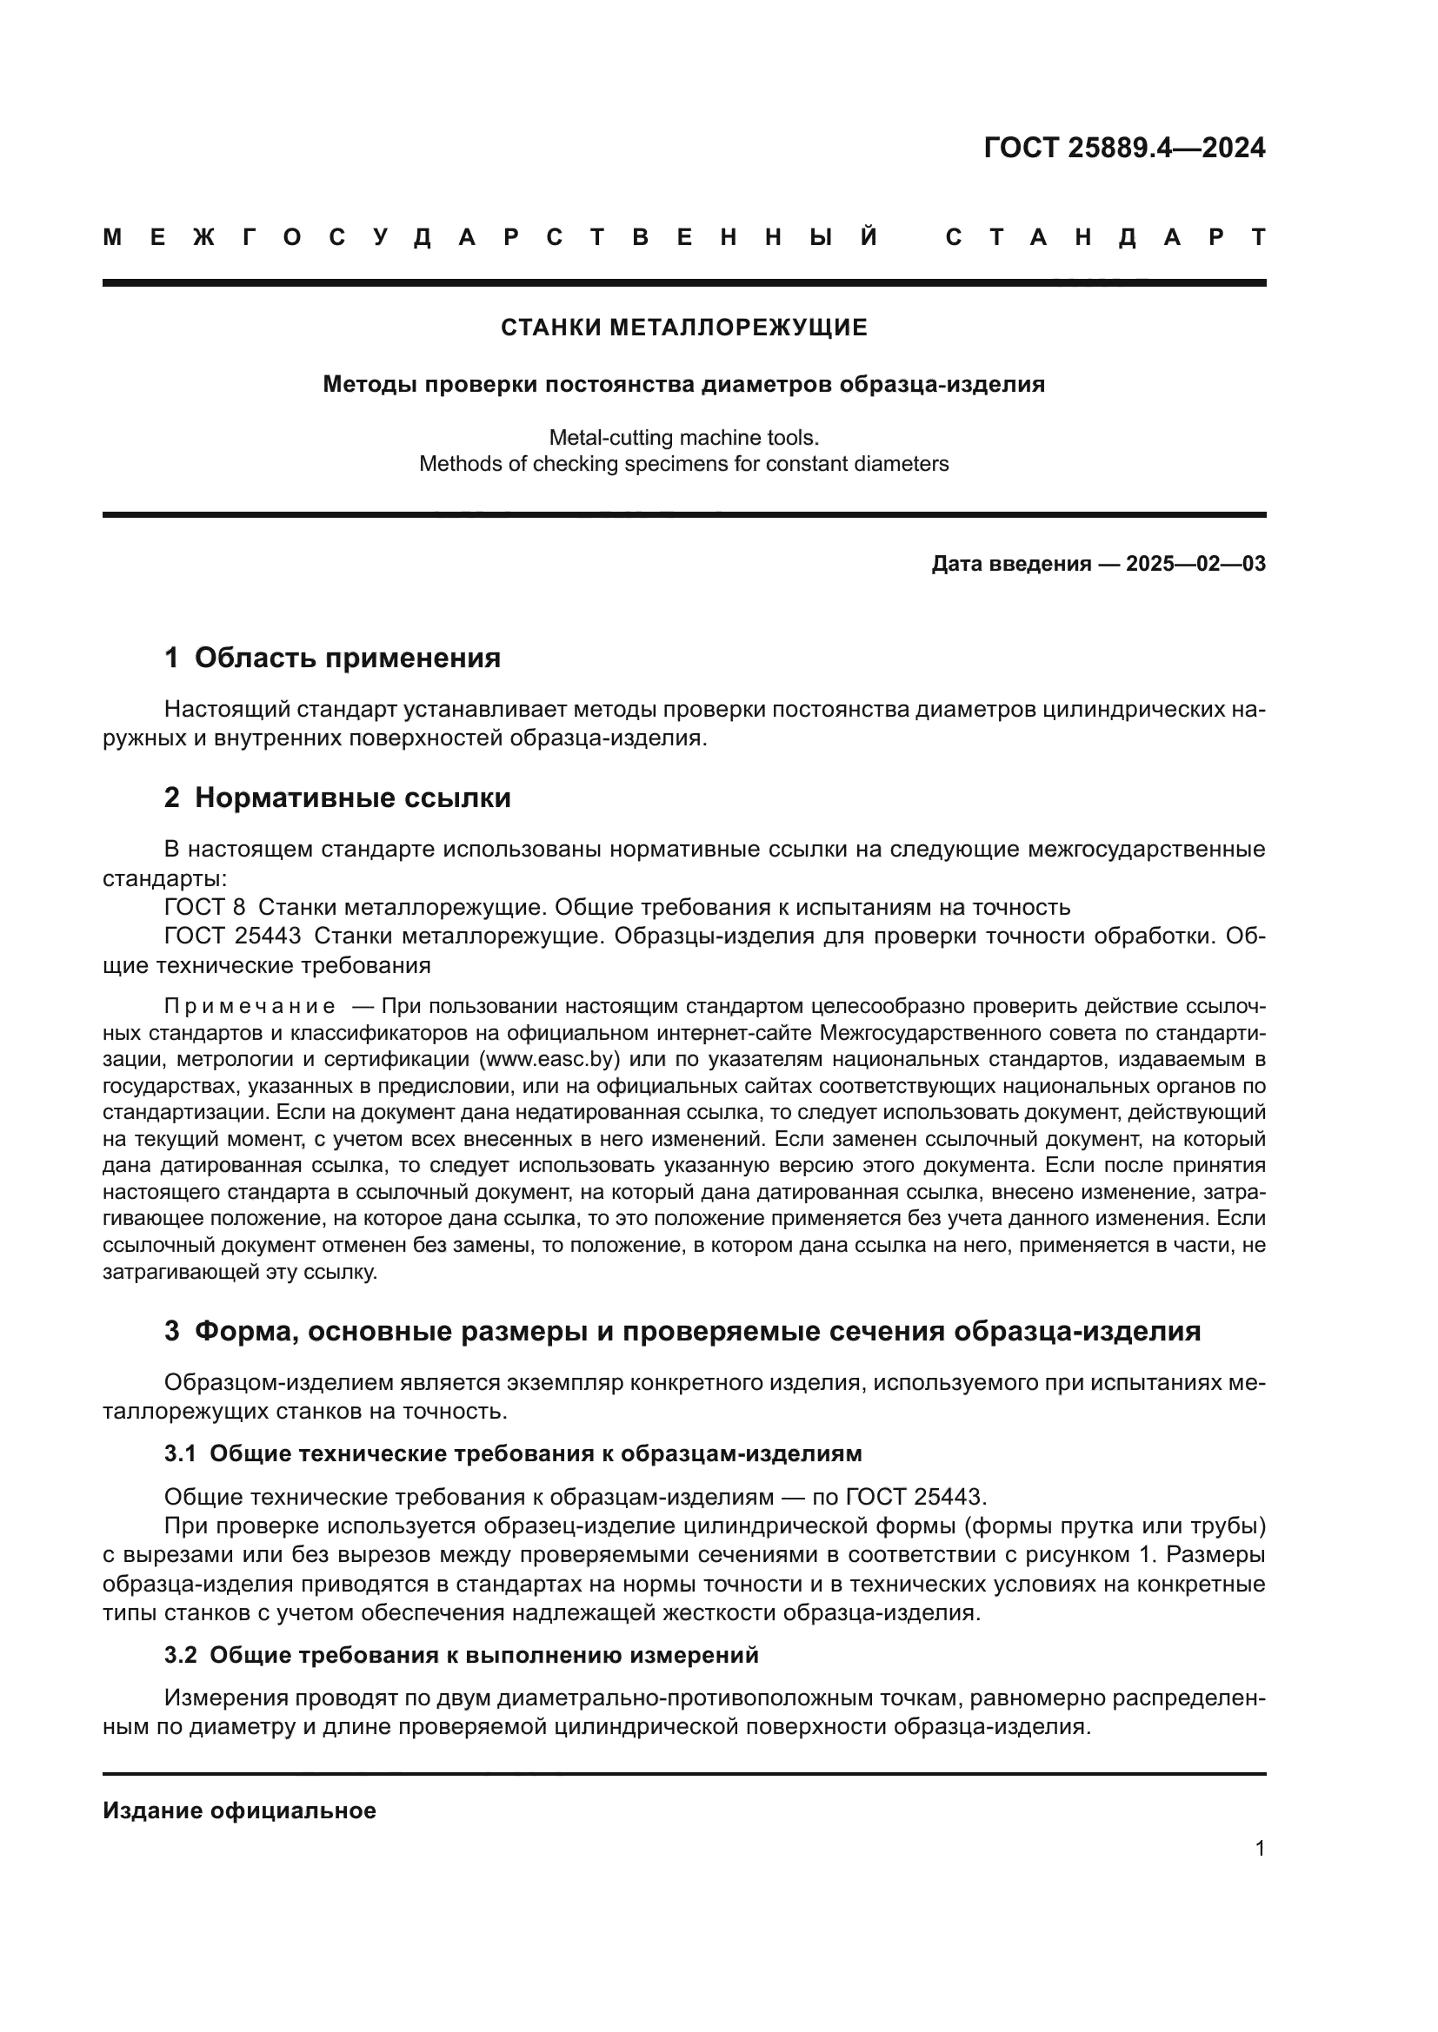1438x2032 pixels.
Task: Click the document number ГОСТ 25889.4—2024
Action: [1123, 148]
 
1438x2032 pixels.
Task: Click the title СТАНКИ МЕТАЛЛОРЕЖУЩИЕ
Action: [683, 328]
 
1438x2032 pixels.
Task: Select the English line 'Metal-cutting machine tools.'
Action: [683, 437]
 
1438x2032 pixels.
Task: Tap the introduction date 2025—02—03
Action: [1195, 564]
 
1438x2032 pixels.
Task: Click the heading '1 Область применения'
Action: [332, 658]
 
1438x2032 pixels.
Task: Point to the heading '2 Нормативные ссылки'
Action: [337, 798]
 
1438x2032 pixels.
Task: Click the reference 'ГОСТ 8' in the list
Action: [204, 907]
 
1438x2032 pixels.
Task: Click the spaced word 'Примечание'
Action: [250, 1006]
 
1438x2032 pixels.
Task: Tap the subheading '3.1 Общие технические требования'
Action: [513, 1454]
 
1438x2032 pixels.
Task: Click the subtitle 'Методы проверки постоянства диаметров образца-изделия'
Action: [683, 384]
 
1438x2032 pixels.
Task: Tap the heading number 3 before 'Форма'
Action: [172, 1331]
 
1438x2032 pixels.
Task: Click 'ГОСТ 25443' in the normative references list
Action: [233, 937]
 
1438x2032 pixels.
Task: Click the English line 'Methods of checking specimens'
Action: [683, 464]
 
